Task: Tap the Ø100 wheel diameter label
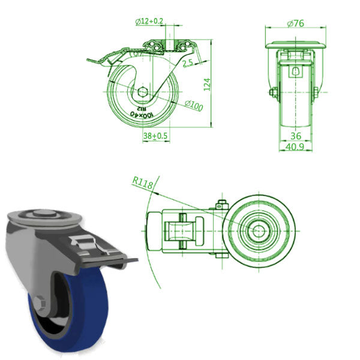pos(193,104)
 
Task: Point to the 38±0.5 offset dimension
pos(155,136)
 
